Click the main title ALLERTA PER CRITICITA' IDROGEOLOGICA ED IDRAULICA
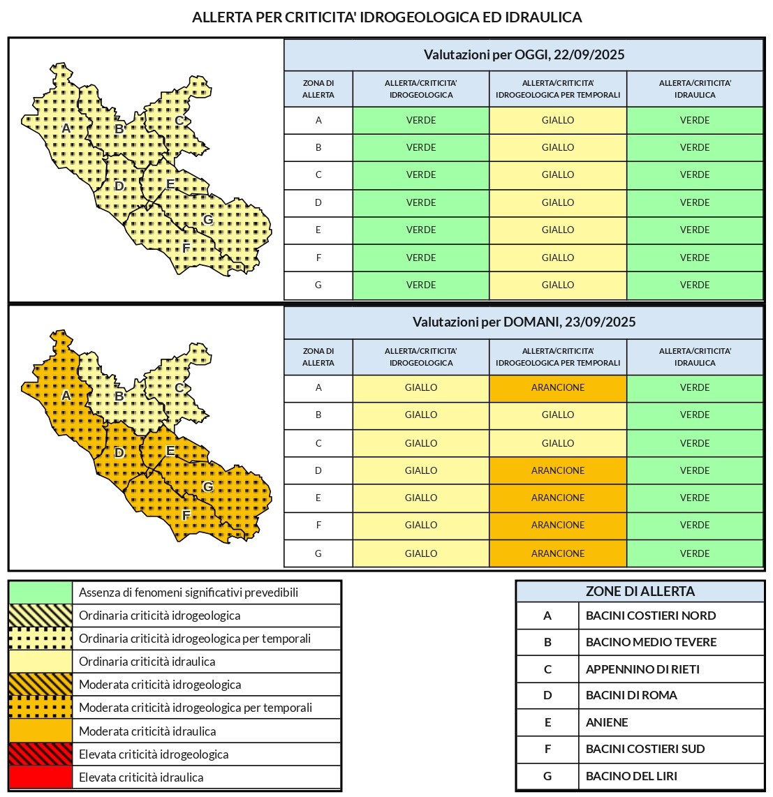[387, 17]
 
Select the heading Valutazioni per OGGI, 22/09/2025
[524, 54]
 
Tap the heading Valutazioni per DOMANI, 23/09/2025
[524, 322]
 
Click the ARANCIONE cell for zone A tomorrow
[558, 388]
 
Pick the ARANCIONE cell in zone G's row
[558, 553]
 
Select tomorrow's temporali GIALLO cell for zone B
[558, 415]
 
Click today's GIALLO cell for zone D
[558, 202]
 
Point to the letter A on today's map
[66, 128]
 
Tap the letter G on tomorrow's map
[207, 486]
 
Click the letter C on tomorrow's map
[179, 388]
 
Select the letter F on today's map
[186, 248]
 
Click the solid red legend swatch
[41, 777]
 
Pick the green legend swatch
[41, 593]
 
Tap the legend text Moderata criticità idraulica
[147, 731]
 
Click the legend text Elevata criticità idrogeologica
[154, 754]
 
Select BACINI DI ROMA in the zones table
[631, 695]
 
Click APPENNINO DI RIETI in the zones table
[642, 669]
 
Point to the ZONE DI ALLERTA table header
[640, 591]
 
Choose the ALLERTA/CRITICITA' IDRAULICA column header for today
[695, 89]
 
